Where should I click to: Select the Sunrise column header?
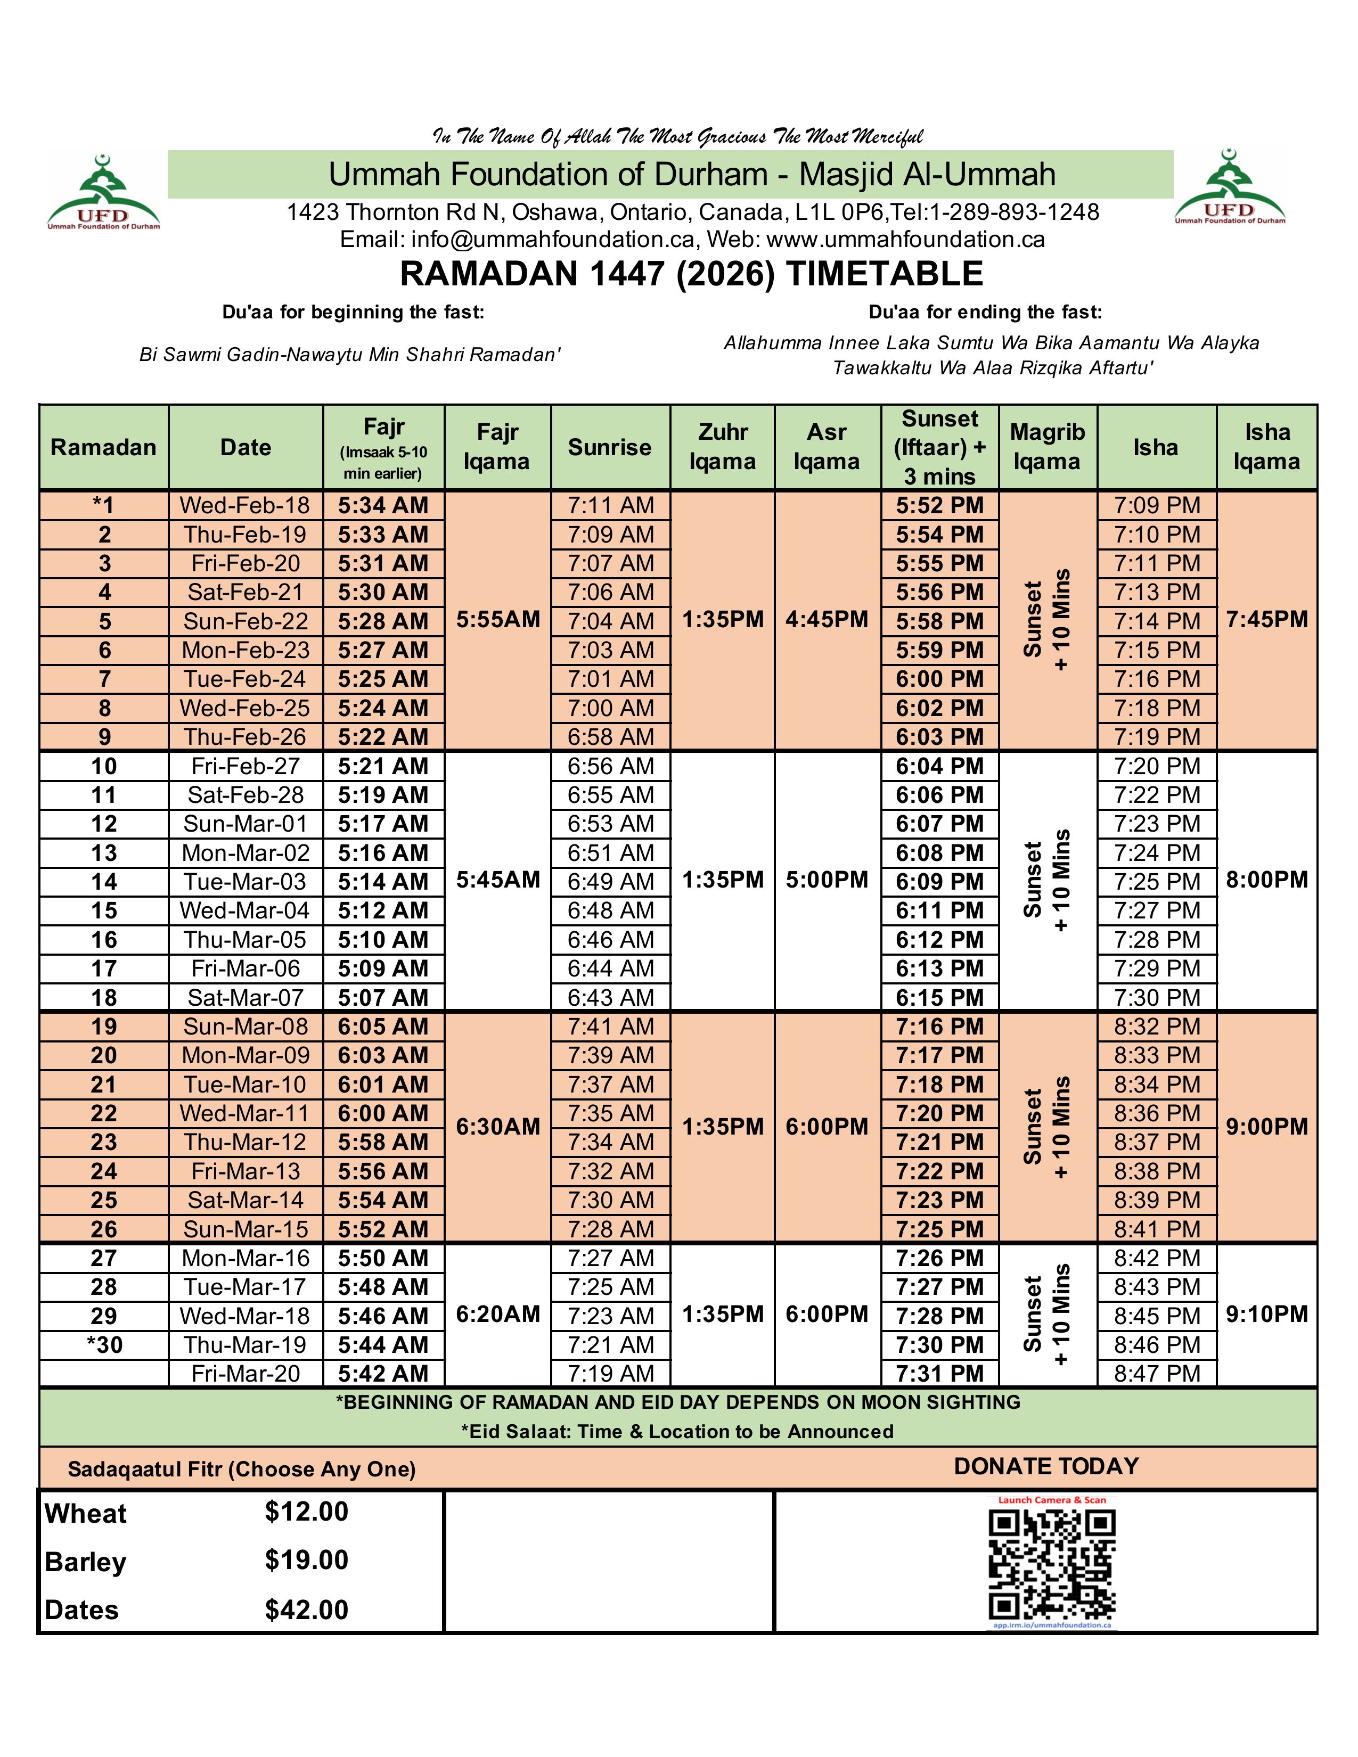(610, 447)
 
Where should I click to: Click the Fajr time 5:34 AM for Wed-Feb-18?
(383, 506)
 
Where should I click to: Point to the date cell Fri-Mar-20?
(246, 1373)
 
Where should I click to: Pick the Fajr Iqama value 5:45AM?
(498, 880)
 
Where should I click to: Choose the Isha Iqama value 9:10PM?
(1267, 1315)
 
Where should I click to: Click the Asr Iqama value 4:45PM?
(827, 619)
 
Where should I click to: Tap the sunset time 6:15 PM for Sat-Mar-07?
(939, 998)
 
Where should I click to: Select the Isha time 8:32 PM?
(1157, 1027)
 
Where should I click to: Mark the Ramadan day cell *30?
(104, 1344)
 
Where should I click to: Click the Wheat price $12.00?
(307, 1512)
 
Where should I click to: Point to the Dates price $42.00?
(307, 1610)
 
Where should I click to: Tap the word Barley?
(85, 1562)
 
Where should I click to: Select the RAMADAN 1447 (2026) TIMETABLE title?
(691, 274)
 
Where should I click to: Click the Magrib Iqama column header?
(1048, 447)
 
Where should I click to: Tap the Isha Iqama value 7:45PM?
(1267, 619)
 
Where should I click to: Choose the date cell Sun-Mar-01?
(246, 824)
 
